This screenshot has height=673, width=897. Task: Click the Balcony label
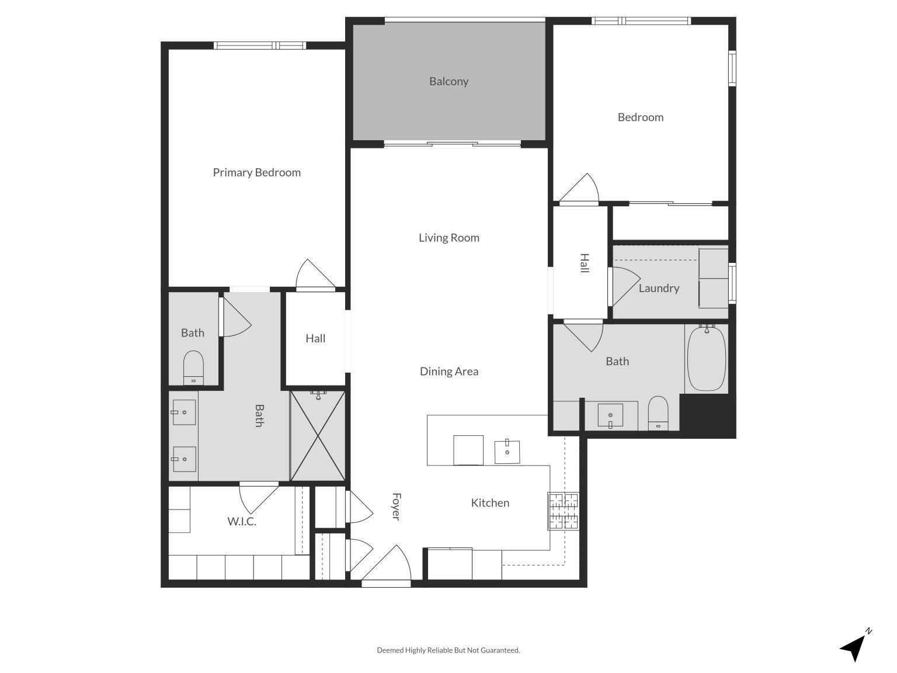pyautogui.click(x=448, y=81)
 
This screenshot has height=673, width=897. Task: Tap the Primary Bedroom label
pyautogui.click(x=256, y=172)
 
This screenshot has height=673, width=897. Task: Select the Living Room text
pyautogui.click(x=448, y=238)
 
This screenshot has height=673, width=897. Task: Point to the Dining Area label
pyautogui.click(x=448, y=371)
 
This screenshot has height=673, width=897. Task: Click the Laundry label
pyautogui.click(x=659, y=288)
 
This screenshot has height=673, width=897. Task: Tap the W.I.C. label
pyautogui.click(x=242, y=521)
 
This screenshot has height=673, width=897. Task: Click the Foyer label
pyautogui.click(x=395, y=507)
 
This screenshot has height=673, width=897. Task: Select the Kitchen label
pyautogui.click(x=490, y=502)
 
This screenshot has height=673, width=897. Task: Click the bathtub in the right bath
pyautogui.click(x=707, y=358)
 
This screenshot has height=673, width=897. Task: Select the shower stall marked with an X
pyautogui.click(x=318, y=436)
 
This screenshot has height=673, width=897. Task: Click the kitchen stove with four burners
pyautogui.click(x=563, y=511)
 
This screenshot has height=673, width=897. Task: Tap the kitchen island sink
pyautogui.click(x=507, y=452)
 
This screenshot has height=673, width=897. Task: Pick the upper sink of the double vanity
pyautogui.click(x=184, y=412)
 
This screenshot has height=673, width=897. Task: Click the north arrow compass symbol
pyautogui.click(x=855, y=646)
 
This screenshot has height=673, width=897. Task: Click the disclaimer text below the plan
pyautogui.click(x=448, y=650)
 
